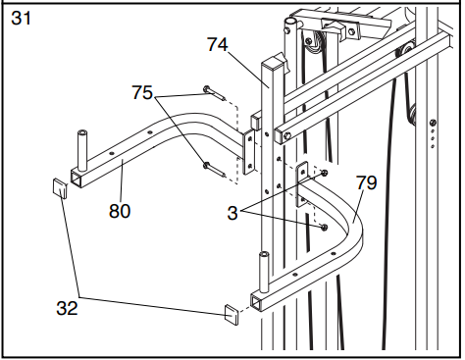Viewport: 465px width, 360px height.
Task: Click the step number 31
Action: point(22,18)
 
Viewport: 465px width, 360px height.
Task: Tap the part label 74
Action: point(219,43)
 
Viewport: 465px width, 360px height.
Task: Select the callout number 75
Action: point(143,93)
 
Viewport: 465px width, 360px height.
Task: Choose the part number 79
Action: point(366,182)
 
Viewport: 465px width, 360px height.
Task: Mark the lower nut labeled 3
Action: point(324,227)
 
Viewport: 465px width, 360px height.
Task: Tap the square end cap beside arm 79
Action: point(231,316)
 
